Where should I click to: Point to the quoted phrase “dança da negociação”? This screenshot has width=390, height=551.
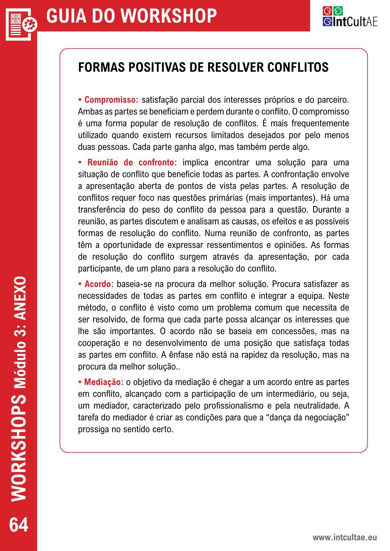tap(303, 418)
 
